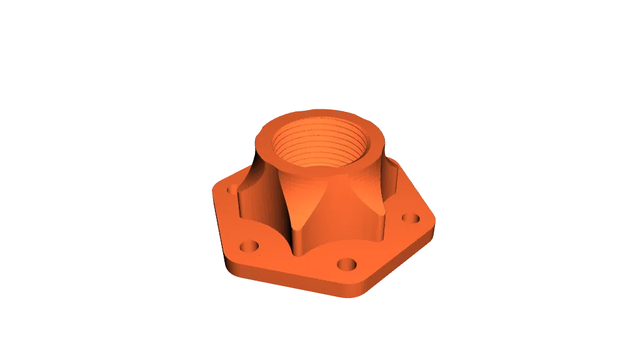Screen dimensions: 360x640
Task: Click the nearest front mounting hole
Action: click(346, 264)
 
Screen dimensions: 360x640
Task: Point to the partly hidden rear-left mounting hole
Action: click(232, 187)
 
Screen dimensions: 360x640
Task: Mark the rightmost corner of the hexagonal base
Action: click(436, 221)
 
